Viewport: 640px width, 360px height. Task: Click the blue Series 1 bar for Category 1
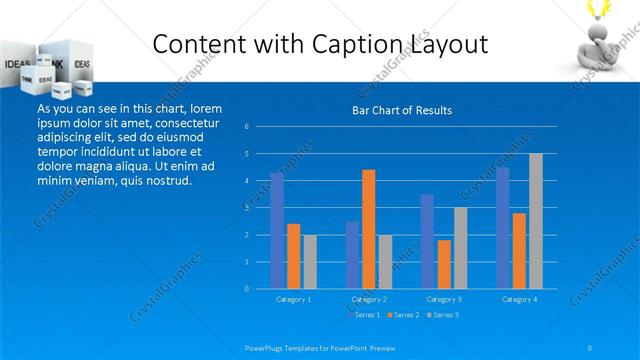tap(277, 230)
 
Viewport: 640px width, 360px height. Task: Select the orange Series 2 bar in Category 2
tap(369, 229)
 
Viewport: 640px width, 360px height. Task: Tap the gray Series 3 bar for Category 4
tap(536, 220)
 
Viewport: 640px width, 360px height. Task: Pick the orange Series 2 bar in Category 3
tap(444, 264)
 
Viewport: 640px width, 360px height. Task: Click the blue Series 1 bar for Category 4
tap(502, 227)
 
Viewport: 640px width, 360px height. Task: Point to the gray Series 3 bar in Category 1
tap(310, 261)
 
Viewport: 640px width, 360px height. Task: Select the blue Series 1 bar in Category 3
tap(427, 241)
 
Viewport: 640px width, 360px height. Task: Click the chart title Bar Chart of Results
tap(402, 110)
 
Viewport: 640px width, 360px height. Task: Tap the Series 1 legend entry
tap(366, 315)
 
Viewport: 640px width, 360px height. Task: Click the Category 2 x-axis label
tap(369, 299)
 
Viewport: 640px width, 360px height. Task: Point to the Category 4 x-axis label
tap(519, 299)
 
